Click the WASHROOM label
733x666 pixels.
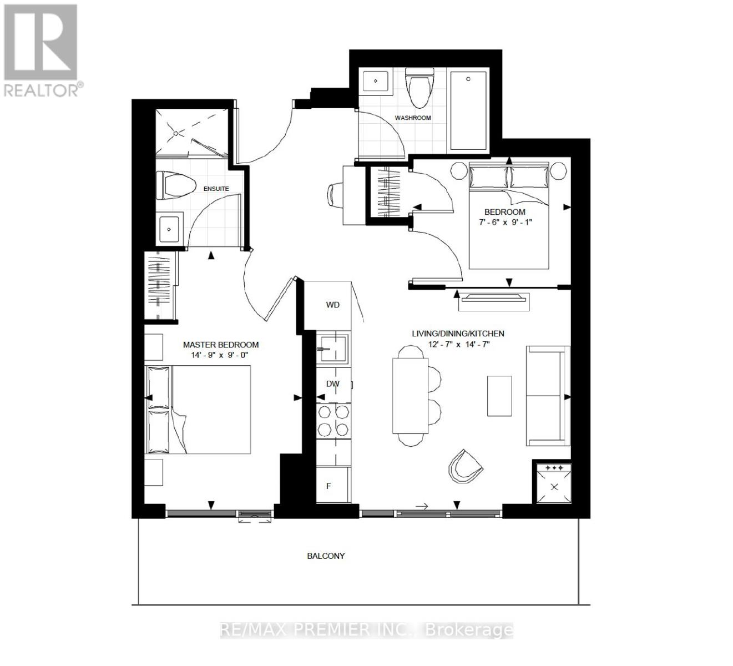tap(412, 118)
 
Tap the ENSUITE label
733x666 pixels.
tap(216, 189)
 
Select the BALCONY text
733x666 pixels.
tap(326, 556)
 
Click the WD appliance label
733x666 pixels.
tap(332, 305)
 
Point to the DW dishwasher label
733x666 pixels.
tap(332, 384)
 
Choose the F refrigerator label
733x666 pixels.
tap(328, 486)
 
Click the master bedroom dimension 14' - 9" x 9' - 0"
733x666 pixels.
tap(221, 355)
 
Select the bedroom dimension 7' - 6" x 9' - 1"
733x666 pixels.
tap(504, 222)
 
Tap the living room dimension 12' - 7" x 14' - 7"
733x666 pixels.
tap(458, 344)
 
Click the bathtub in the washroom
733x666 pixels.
tap(469, 111)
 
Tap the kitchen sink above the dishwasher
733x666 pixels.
tap(333, 349)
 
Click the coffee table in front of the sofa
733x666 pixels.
tap(499, 396)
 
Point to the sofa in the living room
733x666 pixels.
tap(548, 396)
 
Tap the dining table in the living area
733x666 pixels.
tap(410, 396)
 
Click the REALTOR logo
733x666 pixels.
tap(42, 50)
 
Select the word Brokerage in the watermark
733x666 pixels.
tap(469, 630)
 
